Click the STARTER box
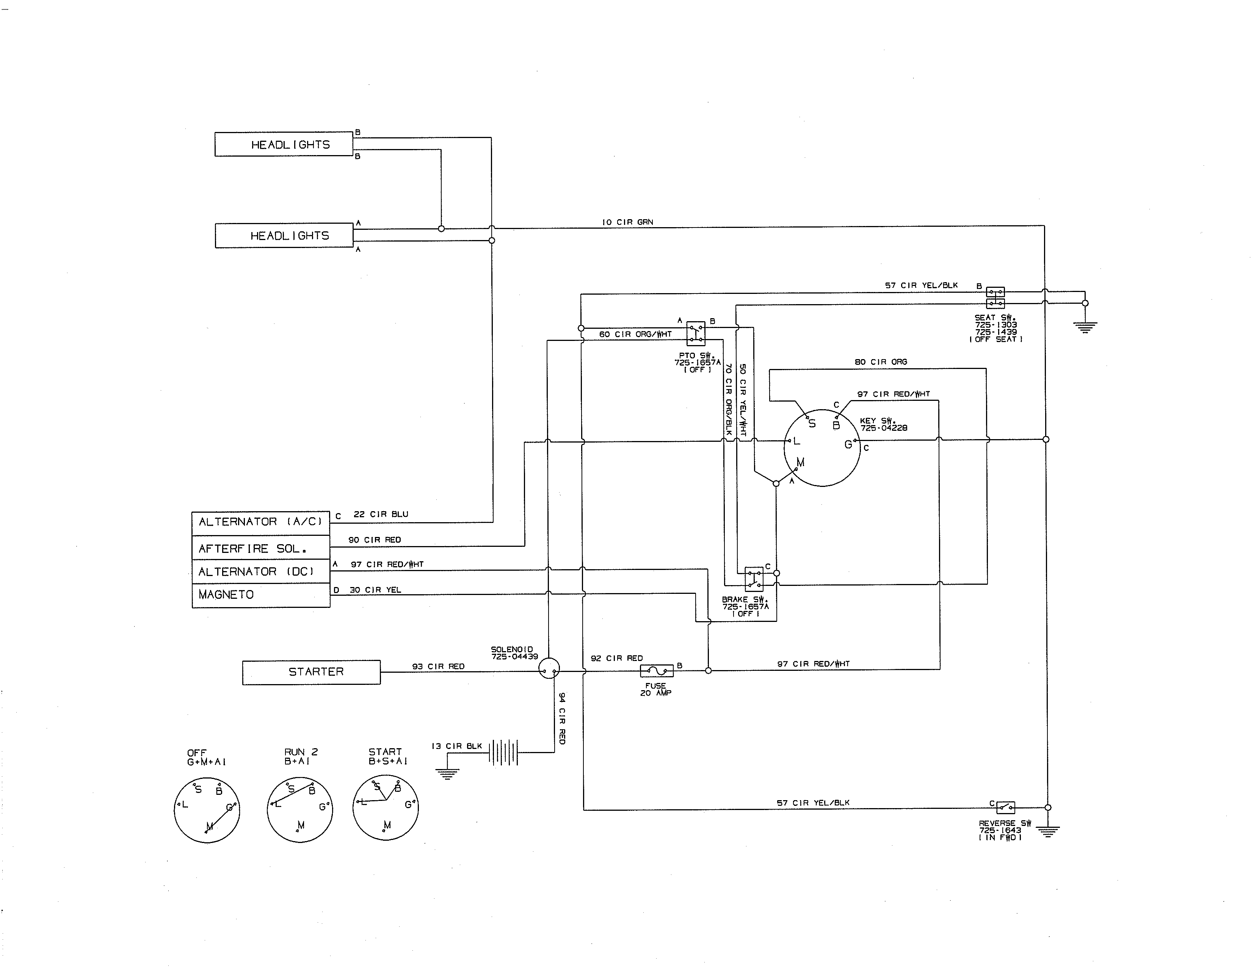311,672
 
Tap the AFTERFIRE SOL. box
261,548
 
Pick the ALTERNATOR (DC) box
261,572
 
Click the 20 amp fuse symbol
657,670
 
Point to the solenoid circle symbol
549,668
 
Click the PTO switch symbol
696,333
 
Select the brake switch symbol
754,579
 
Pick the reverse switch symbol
1005,808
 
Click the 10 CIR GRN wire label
627,222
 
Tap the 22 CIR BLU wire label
381,515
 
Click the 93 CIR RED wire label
438,666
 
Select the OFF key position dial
207,810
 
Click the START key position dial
386,808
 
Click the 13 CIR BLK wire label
456,746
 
